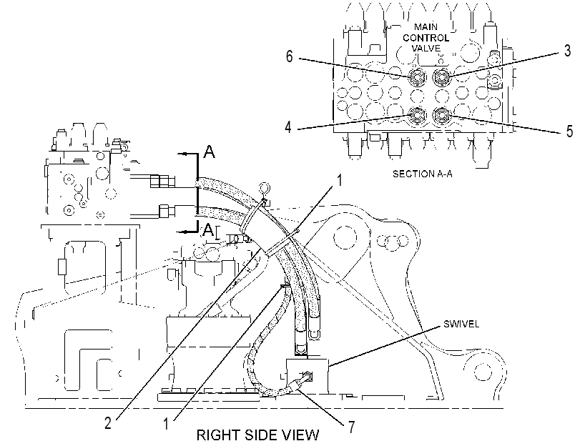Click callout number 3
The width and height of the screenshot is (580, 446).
tap(567, 51)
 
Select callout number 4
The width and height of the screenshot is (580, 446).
tap(288, 127)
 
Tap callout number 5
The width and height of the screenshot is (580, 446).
tap(570, 132)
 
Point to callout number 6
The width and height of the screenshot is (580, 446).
tap(289, 56)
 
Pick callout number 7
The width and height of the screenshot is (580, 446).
tap(351, 427)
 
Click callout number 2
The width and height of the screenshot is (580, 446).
tap(108, 423)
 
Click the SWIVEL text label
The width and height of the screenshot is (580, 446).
tap(461, 324)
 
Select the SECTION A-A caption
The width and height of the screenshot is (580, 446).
tap(422, 174)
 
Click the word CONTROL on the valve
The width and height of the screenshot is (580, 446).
tap(426, 38)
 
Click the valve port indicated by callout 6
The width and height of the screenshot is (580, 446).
tap(418, 77)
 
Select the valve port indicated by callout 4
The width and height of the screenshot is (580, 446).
tap(417, 115)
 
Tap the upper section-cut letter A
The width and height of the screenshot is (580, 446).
tap(210, 152)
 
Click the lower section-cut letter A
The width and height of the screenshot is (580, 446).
tap(208, 230)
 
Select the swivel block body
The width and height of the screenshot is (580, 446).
tap(307, 375)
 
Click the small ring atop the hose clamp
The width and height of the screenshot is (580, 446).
tap(265, 188)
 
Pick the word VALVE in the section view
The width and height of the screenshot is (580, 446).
tap(426, 48)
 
